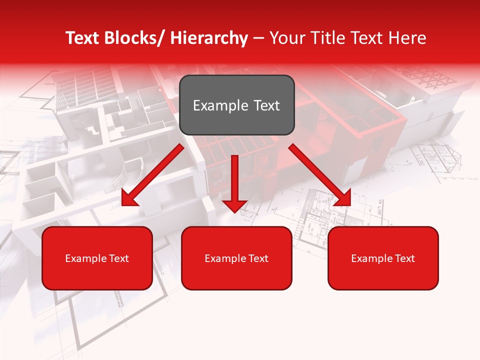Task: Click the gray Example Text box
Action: coord(236,105)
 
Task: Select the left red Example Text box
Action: coord(97,258)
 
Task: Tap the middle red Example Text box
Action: coord(236,258)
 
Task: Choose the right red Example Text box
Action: coord(383,258)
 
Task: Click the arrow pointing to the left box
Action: coord(152,175)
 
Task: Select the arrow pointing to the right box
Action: coord(320,175)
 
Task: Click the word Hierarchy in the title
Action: coord(209,38)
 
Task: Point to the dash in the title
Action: coord(258,38)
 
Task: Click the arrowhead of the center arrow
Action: coord(235,205)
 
